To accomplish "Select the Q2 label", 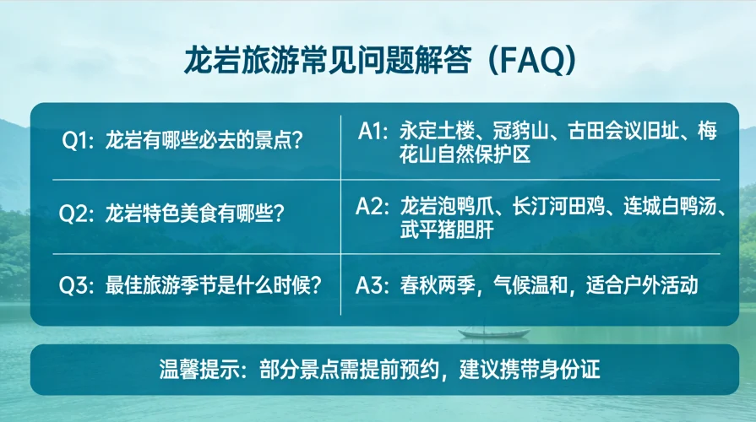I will pos(77,213).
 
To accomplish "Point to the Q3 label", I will pos(77,284).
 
